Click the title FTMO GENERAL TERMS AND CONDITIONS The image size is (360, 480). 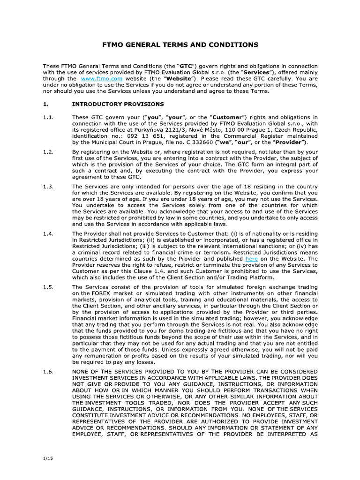tap(180, 45)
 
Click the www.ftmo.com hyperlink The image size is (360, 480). tap(95, 79)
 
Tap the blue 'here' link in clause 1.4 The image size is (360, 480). tap(251, 259)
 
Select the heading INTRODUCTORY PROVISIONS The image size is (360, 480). tap(118, 104)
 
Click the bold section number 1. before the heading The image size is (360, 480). tap(45, 104)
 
